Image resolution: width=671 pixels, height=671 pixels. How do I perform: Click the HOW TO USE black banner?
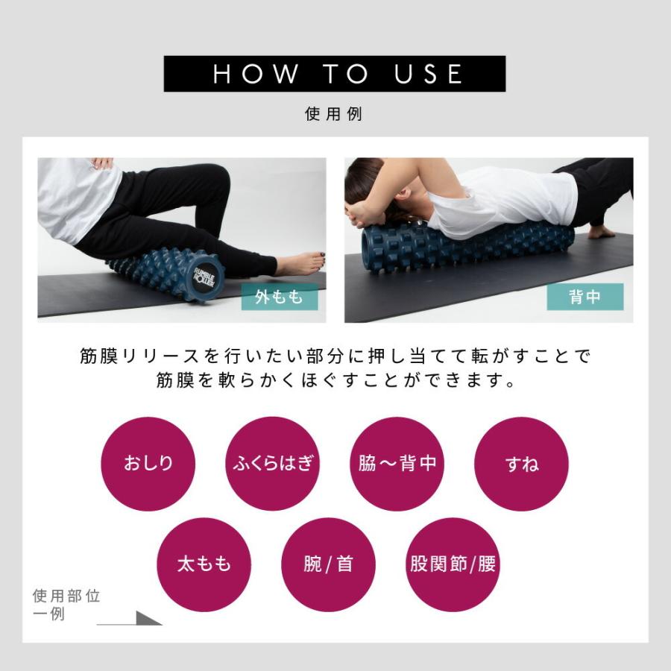click(335, 74)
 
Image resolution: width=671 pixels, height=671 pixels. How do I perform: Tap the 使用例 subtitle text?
click(334, 115)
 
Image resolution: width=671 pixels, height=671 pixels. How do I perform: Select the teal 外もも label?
click(280, 297)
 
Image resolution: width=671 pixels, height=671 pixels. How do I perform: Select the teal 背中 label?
click(585, 297)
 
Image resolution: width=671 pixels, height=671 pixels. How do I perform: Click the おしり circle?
click(148, 463)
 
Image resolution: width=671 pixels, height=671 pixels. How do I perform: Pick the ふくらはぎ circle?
click(272, 463)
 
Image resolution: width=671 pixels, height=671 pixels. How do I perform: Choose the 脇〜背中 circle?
click(397, 463)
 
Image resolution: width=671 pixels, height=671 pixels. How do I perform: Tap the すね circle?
click(521, 463)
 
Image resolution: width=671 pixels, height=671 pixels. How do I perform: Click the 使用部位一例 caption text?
click(66, 605)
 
